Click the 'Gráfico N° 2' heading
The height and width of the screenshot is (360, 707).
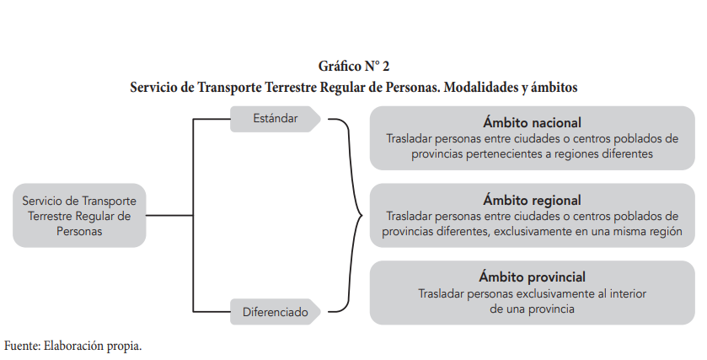click(354, 67)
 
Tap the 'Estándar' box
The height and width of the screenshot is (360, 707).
click(276, 119)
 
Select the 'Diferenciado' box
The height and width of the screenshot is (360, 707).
click(276, 312)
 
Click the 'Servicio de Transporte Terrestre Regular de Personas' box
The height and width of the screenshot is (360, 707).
click(79, 215)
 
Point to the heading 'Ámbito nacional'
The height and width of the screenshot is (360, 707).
click(532, 122)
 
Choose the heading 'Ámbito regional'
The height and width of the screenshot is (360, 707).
click(532, 200)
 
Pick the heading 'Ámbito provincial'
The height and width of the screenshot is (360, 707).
click(532, 277)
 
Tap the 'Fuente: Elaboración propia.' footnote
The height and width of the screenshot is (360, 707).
click(73, 346)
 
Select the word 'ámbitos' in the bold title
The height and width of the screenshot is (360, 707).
click(554, 87)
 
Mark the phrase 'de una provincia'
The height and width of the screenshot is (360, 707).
click(532, 309)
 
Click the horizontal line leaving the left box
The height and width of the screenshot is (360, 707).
click(169, 215)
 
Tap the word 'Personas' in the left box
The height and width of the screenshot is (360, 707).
click(79, 231)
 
